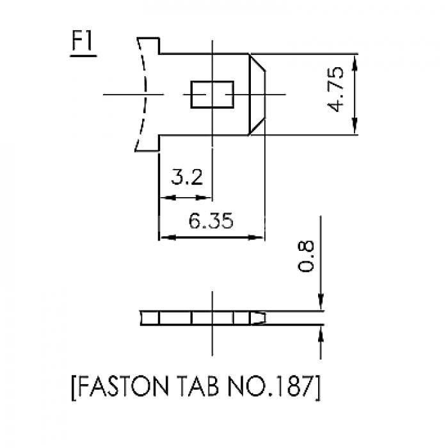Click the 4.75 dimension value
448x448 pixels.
[x=335, y=89]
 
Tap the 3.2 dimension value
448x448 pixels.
[x=187, y=177]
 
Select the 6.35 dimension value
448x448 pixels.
[x=211, y=221]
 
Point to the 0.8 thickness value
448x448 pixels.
[x=305, y=256]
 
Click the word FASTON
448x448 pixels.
[x=123, y=387]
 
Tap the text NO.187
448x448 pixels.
[x=271, y=387]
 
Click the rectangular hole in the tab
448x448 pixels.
[x=212, y=95]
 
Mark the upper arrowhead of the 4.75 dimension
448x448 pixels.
[x=355, y=63]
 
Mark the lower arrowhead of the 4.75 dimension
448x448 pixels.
[x=355, y=125]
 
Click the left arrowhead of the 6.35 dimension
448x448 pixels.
[x=168, y=237]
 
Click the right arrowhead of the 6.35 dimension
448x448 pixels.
[x=255, y=237]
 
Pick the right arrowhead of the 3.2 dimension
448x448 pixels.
[x=204, y=197]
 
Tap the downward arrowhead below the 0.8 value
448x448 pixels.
[x=321, y=301]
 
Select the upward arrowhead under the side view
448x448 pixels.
[x=321, y=334]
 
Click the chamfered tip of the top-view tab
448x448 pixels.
[x=257, y=94]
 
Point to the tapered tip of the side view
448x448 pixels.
[x=258, y=318]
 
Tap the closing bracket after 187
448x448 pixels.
[x=317, y=388]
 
